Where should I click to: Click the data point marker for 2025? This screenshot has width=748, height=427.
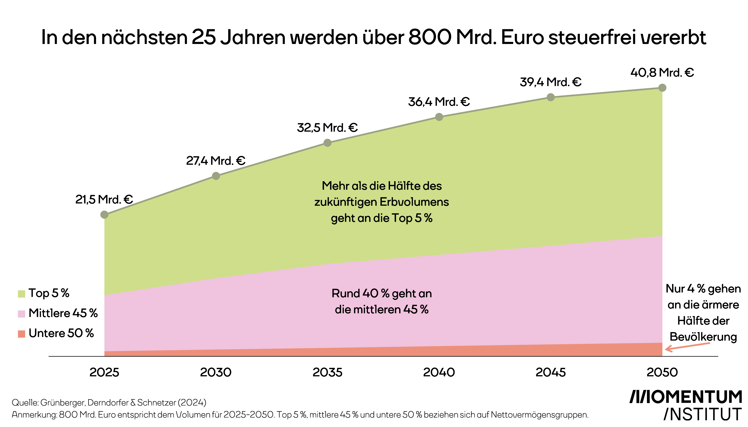click(104, 215)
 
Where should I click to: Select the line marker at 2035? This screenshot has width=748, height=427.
click(327, 143)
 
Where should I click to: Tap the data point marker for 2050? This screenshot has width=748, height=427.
click(662, 88)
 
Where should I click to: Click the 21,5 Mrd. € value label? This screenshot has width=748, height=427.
click(104, 199)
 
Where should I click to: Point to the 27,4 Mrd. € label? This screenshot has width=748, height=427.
click(216, 161)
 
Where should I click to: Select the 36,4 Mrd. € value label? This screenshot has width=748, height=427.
click(439, 102)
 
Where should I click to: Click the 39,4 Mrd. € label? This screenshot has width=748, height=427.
click(550, 82)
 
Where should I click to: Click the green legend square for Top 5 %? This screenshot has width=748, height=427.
click(21, 294)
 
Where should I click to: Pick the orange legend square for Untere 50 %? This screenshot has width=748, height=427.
click(21, 334)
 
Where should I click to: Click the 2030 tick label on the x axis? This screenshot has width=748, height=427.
click(216, 372)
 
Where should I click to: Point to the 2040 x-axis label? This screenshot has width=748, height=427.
click(439, 372)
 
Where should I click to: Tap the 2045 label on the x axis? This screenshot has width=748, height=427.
click(550, 372)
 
